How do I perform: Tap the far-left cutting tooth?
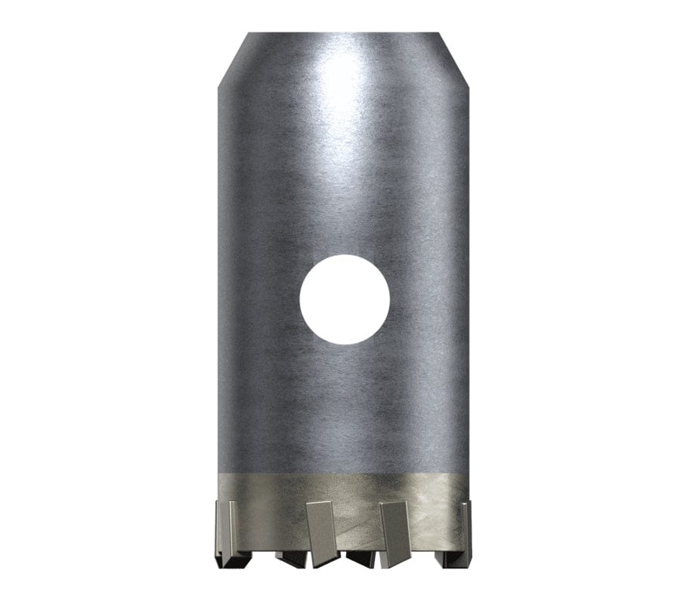[225, 529]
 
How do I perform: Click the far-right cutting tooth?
[463, 529]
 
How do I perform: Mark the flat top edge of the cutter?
[344, 33]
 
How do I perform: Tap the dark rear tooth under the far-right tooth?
[446, 559]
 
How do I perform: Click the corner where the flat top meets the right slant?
[440, 32]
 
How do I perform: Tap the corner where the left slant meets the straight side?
[218, 85]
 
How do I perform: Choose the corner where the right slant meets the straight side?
[468, 85]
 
